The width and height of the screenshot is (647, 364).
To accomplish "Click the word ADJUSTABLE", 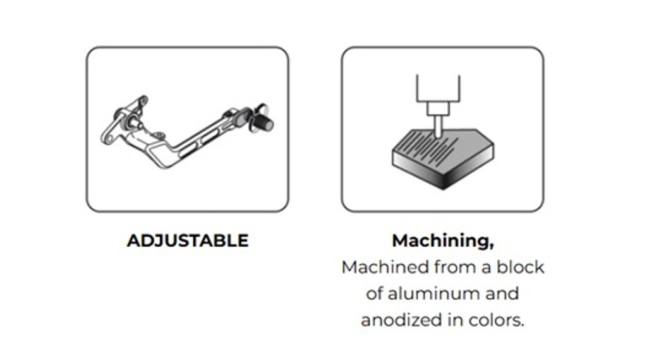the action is (188, 241).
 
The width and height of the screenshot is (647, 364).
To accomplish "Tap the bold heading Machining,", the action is (443, 241).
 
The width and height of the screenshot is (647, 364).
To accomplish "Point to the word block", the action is (520, 267).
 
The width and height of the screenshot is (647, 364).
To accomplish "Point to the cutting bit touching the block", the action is (437, 126).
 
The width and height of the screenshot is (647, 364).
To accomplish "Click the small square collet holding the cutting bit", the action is (437, 109).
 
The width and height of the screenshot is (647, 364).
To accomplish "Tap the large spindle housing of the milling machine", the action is (438, 88).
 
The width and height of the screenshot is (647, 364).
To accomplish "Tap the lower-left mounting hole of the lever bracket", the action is (109, 139).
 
